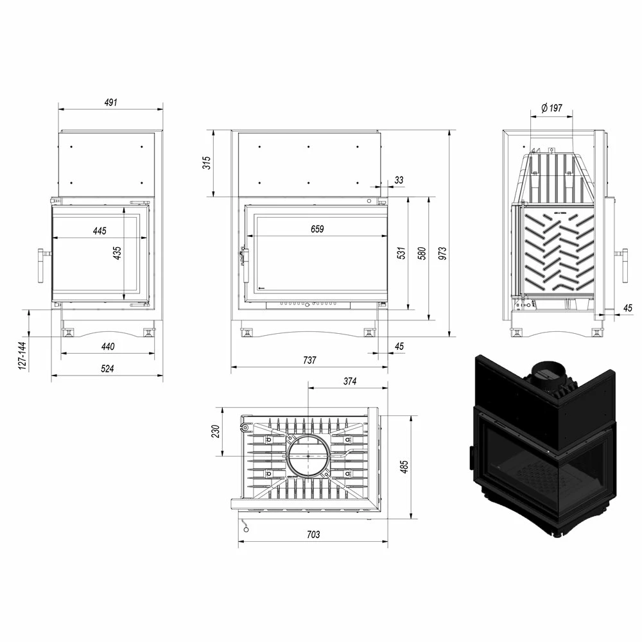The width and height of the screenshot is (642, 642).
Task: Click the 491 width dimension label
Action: pyautogui.click(x=111, y=102)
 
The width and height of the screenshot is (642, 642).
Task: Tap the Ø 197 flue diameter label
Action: pyautogui.click(x=551, y=108)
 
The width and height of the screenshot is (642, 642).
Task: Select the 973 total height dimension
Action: pyautogui.click(x=442, y=253)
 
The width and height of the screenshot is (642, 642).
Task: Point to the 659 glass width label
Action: pyautogui.click(x=317, y=229)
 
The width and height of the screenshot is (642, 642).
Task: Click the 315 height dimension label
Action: pyautogui.click(x=207, y=162)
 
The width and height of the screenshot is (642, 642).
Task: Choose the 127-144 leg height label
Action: pyautogui.click(x=22, y=356)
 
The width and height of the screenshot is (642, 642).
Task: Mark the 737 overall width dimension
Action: pyautogui.click(x=309, y=360)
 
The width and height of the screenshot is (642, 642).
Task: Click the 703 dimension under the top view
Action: pyautogui.click(x=313, y=534)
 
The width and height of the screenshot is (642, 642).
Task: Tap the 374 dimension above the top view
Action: pyautogui.click(x=350, y=381)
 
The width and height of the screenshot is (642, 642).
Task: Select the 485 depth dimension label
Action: pyautogui.click(x=404, y=467)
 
